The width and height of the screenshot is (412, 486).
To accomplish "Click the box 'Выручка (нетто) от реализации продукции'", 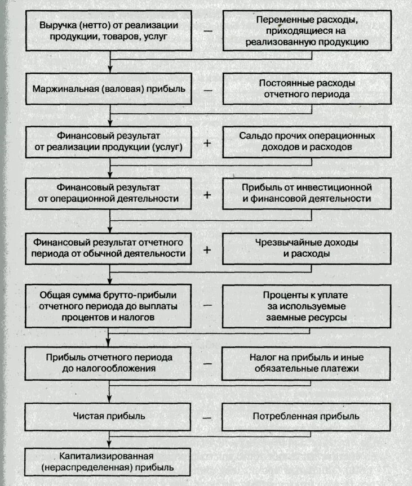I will point(109,32).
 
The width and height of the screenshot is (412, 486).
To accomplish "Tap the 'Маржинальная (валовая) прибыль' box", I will point(109,89).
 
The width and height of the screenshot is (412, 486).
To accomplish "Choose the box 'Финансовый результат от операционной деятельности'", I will point(109,193).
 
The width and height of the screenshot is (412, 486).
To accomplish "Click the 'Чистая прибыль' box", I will point(109,417).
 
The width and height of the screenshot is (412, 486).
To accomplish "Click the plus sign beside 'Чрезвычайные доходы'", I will point(207,249).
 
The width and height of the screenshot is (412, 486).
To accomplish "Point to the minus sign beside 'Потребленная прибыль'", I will point(207,418).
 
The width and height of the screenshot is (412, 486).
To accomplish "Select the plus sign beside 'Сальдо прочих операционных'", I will point(207,143).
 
